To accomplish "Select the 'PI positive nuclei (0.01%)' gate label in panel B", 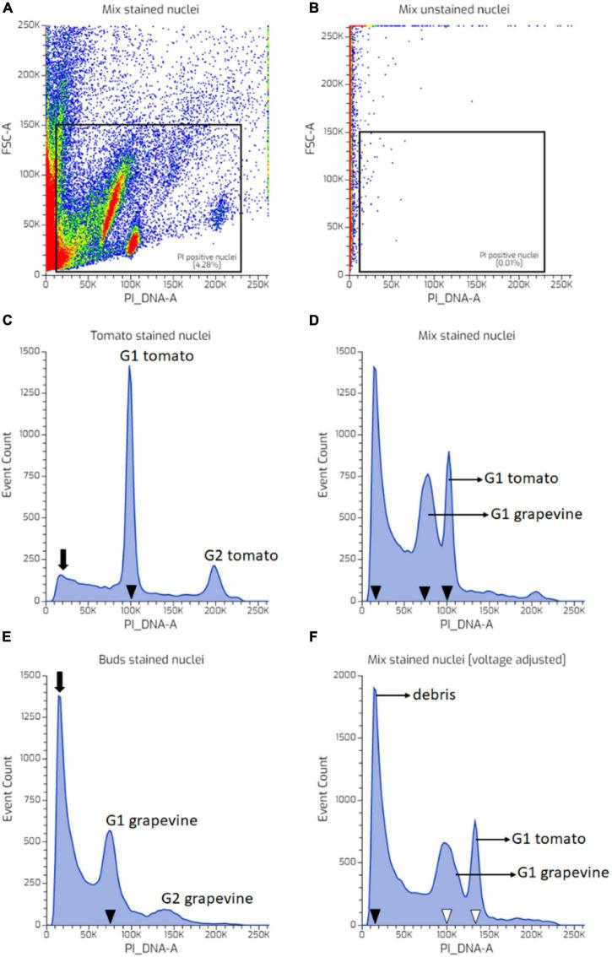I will [508, 258].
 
